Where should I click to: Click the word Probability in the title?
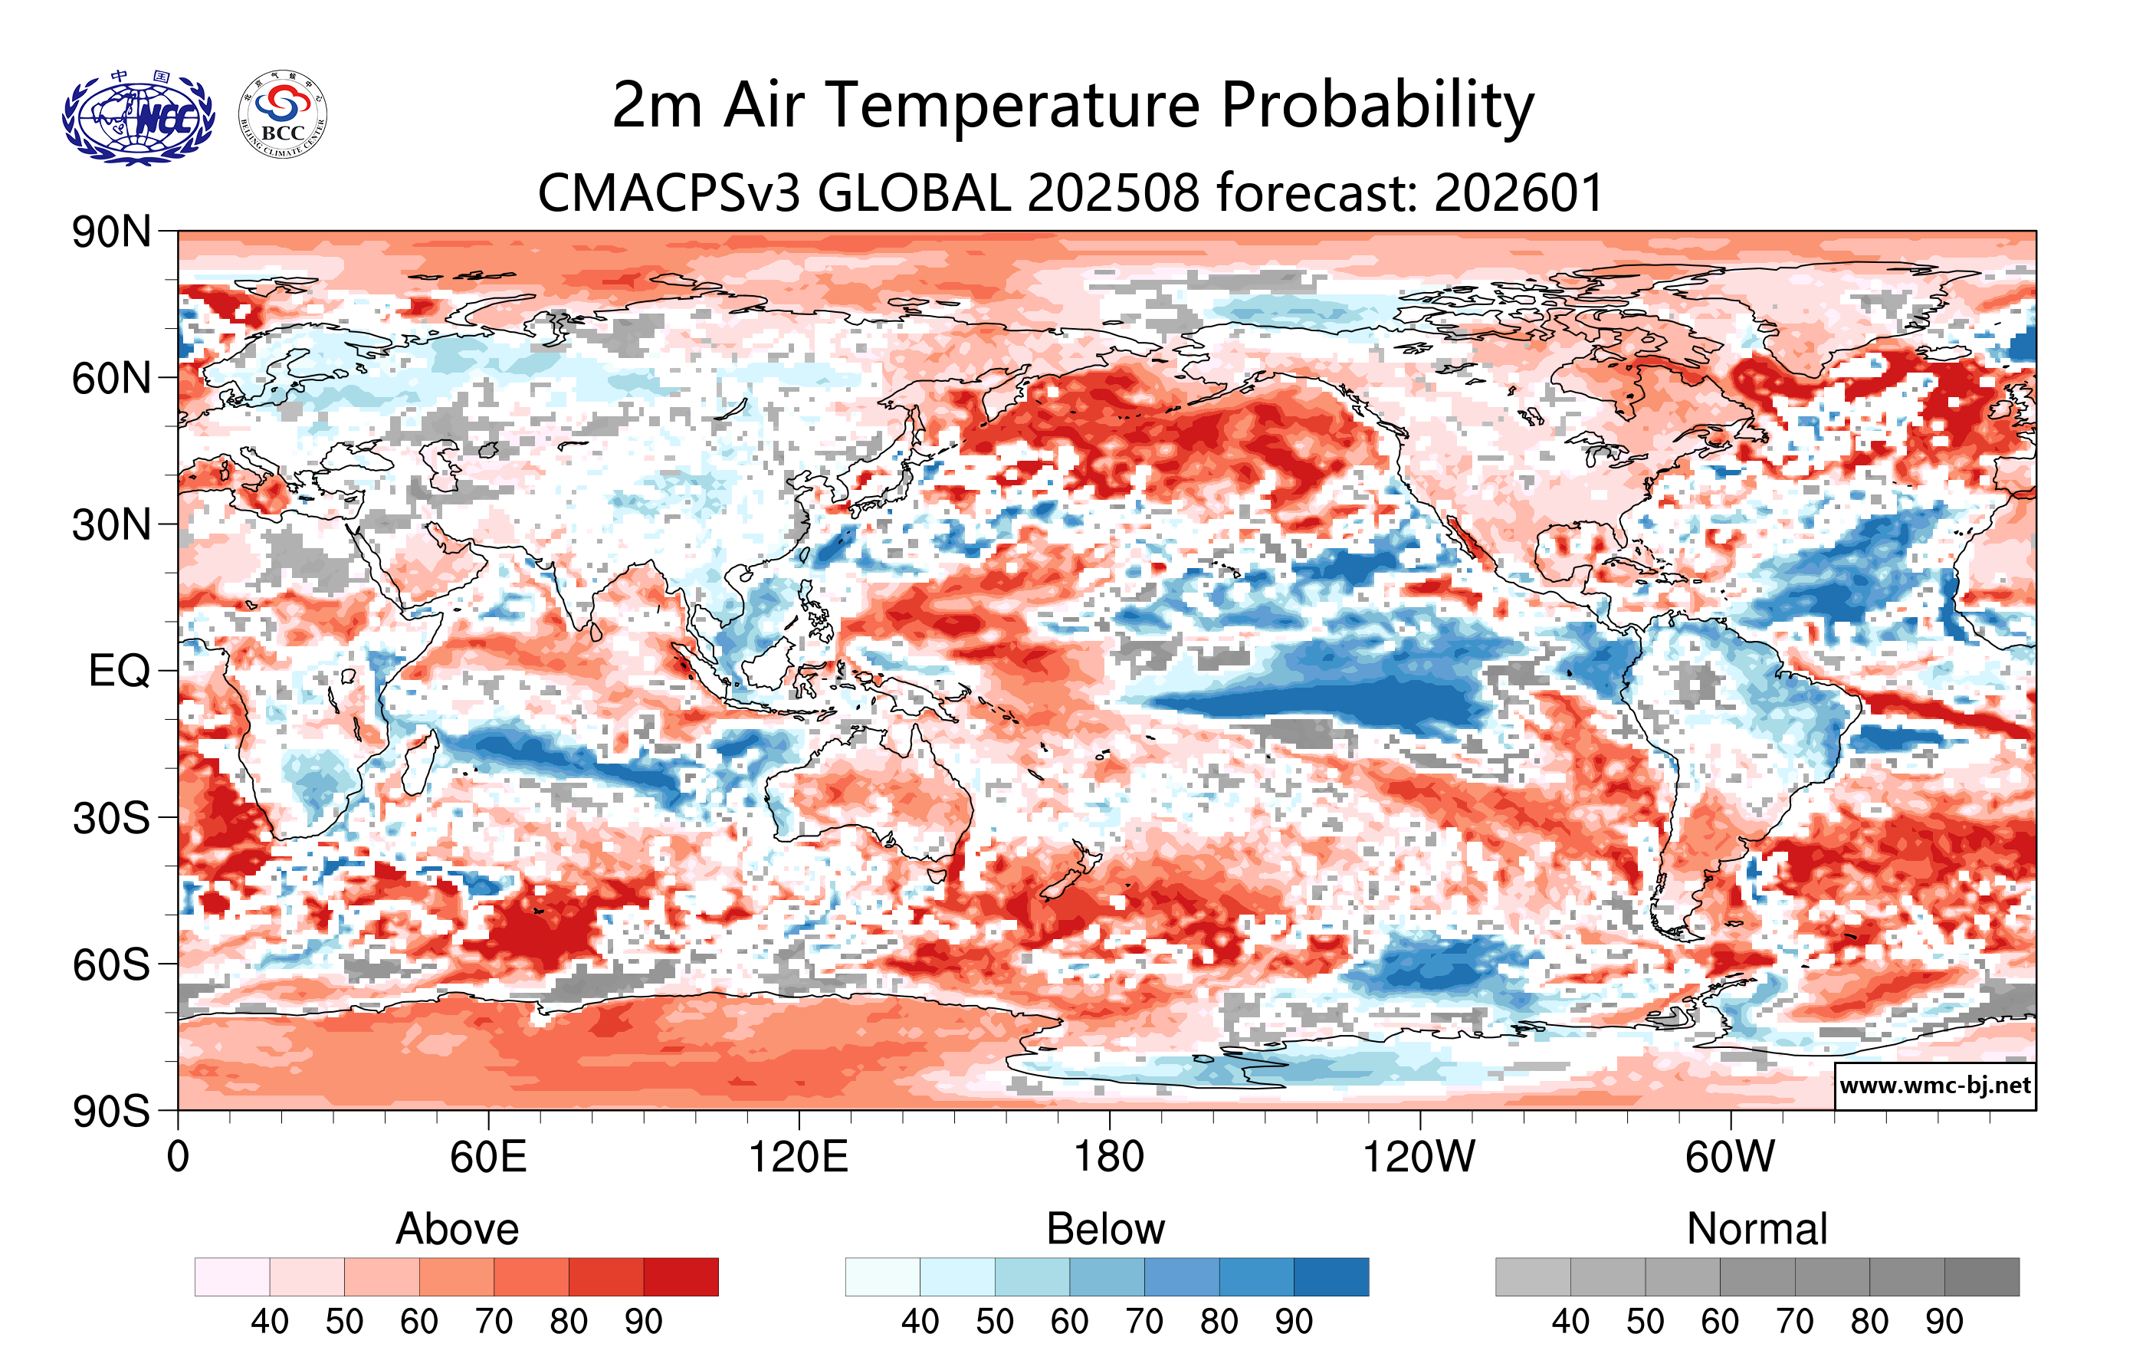[1377, 105]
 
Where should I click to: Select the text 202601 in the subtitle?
[1518, 192]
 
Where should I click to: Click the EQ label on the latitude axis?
[119, 671]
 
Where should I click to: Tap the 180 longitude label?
[1109, 1158]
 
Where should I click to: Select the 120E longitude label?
[798, 1158]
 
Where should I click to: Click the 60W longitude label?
[1730, 1158]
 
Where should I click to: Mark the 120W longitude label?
[1419, 1158]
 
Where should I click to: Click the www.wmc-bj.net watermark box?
[1934, 1086]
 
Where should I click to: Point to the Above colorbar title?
[458, 1229]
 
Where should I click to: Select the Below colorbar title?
[1106, 1229]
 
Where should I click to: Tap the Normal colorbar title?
[1757, 1229]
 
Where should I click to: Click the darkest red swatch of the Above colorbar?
[681, 1277]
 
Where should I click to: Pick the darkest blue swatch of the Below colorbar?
[1331, 1277]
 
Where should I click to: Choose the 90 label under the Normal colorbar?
[1944, 1322]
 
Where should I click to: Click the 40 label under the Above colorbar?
[269, 1322]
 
